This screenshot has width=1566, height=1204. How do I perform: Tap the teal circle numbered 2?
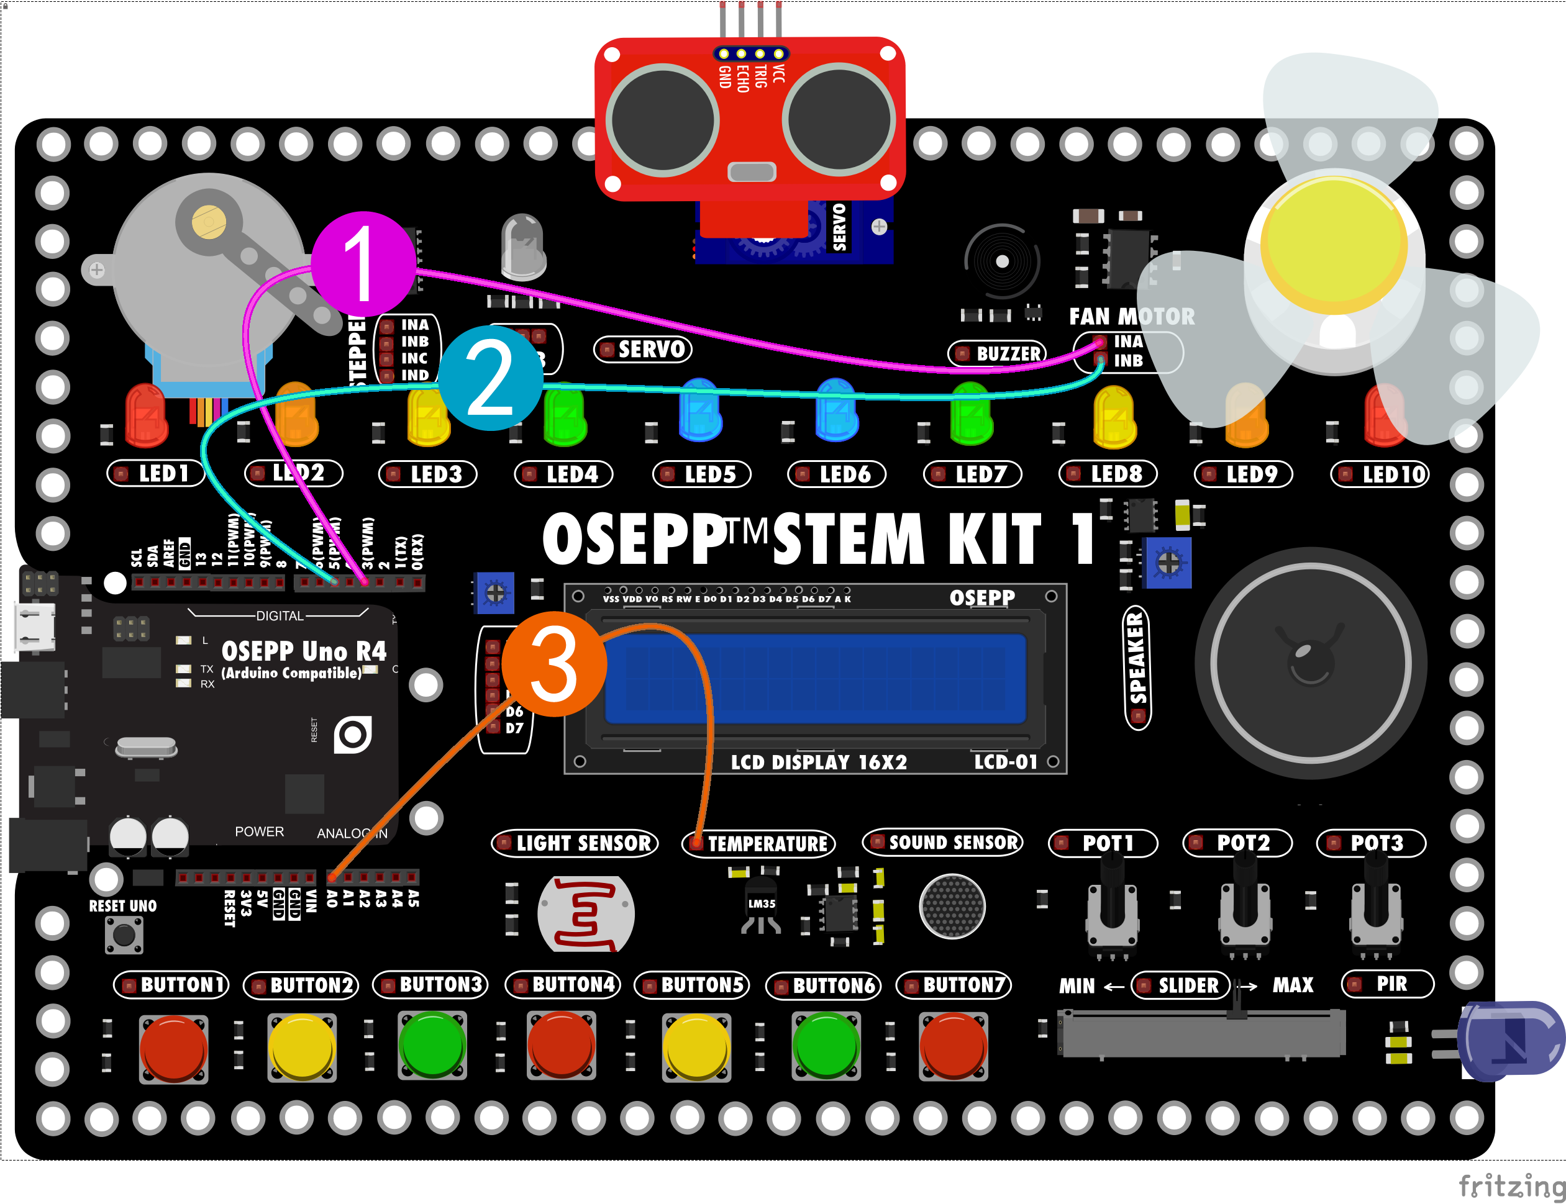(491, 378)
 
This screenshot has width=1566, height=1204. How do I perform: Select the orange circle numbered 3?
(554, 664)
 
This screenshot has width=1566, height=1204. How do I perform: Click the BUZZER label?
(999, 353)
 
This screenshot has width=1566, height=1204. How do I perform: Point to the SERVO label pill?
(643, 350)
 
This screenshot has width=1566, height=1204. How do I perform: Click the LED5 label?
(702, 474)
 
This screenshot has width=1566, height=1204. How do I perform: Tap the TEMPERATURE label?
(758, 843)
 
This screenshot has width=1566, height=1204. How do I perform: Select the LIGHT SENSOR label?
(575, 843)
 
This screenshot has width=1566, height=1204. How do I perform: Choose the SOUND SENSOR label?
(944, 843)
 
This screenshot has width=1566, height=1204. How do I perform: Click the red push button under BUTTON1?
(173, 1048)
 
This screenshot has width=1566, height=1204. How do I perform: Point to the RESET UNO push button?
(124, 935)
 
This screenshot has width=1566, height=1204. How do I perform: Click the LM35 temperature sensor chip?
(762, 905)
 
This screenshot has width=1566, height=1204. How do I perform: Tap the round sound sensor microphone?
(952, 906)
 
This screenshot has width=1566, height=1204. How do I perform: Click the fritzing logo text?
(1511, 1185)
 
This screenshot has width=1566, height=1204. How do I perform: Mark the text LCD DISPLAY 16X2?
(819, 762)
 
